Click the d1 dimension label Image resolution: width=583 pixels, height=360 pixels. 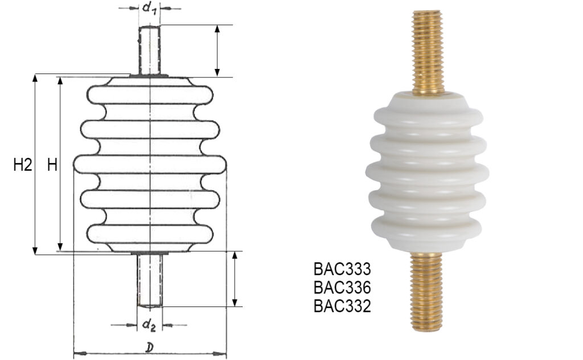click(149, 9)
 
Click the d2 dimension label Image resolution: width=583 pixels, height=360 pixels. click(149, 325)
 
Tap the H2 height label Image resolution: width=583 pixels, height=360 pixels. click(22, 166)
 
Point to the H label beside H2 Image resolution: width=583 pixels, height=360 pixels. click(52, 166)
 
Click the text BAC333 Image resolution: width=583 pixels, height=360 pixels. click(342, 268)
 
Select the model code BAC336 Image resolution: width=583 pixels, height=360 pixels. click(342, 287)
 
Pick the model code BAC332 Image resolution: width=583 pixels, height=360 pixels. click(342, 306)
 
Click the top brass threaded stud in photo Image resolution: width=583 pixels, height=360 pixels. click(428, 51)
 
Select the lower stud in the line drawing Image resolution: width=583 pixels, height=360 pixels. click(150, 279)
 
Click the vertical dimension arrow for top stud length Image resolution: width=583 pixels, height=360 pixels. click(217, 51)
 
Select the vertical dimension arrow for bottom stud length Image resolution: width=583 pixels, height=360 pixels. click(234, 279)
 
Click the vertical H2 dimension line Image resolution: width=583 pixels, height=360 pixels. click(36, 165)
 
